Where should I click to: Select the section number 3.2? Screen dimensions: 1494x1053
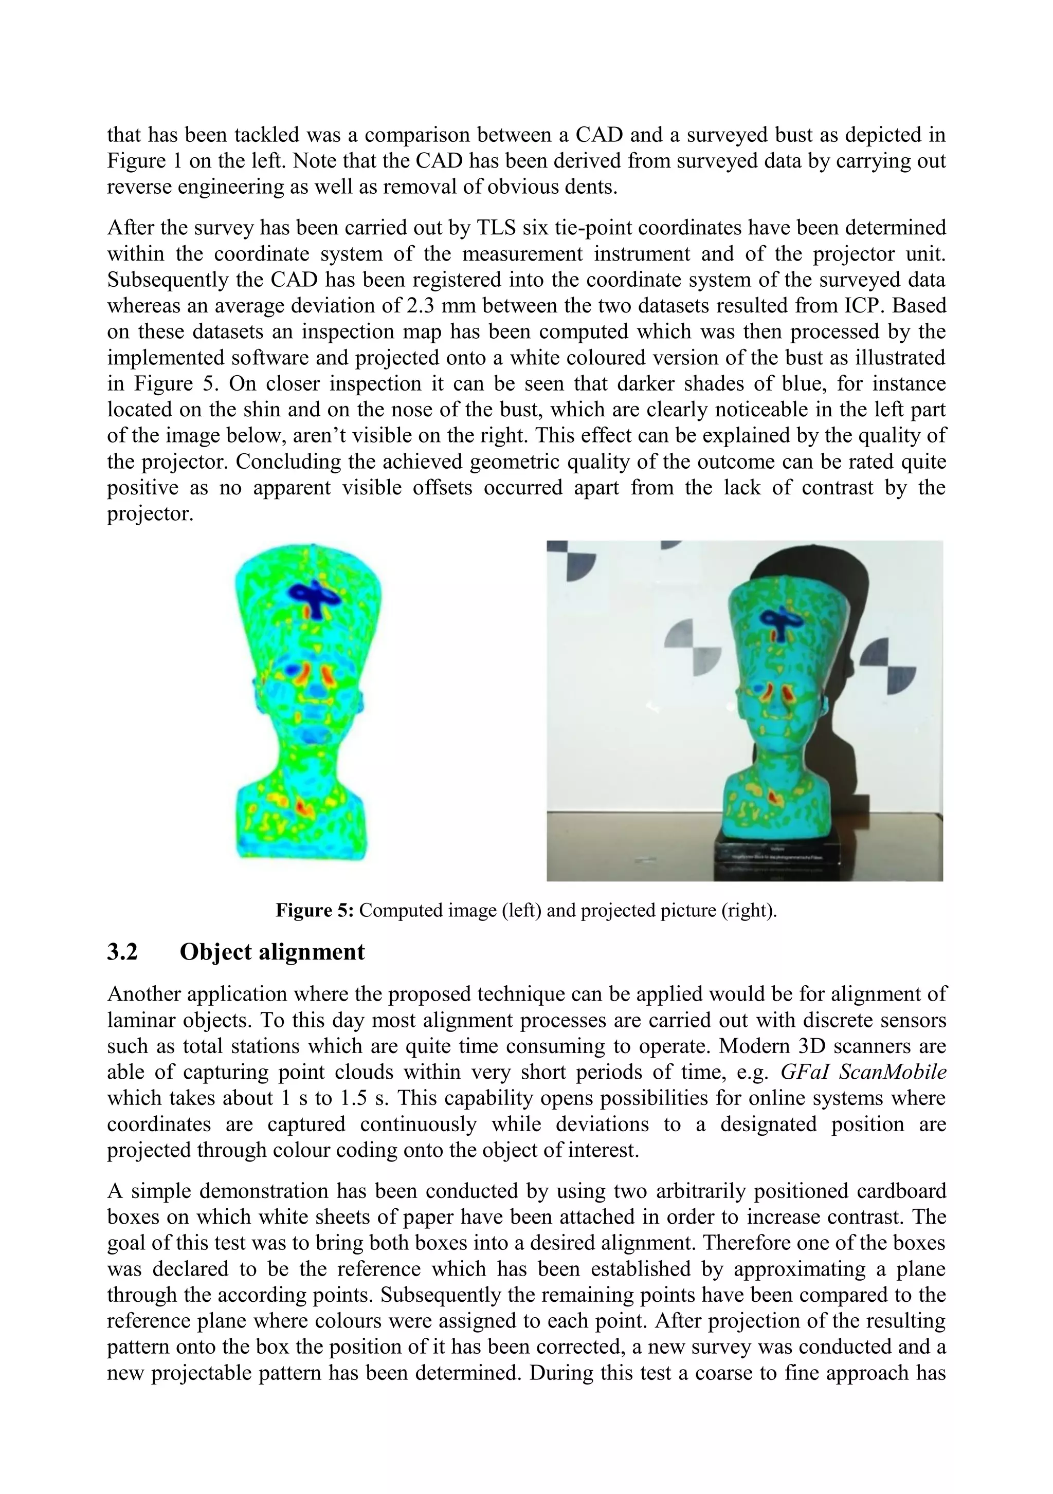point(122,952)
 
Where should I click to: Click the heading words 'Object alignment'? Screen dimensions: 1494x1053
point(272,952)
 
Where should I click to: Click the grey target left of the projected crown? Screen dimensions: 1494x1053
point(693,648)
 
